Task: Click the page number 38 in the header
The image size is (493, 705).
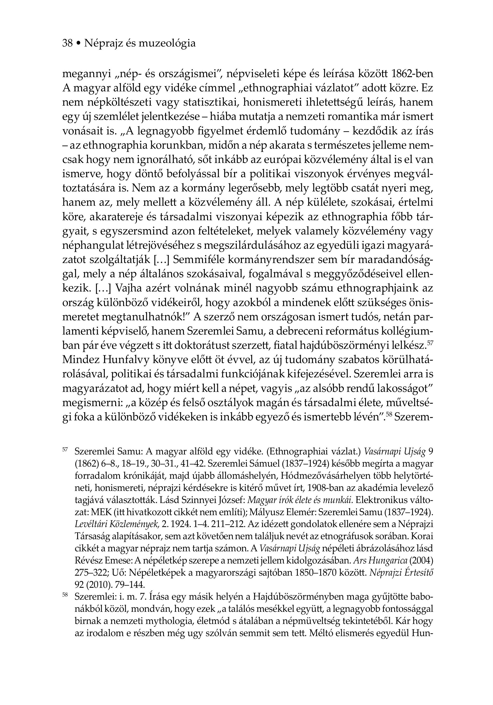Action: point(67,43)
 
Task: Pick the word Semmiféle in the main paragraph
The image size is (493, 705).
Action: point(198,260)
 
